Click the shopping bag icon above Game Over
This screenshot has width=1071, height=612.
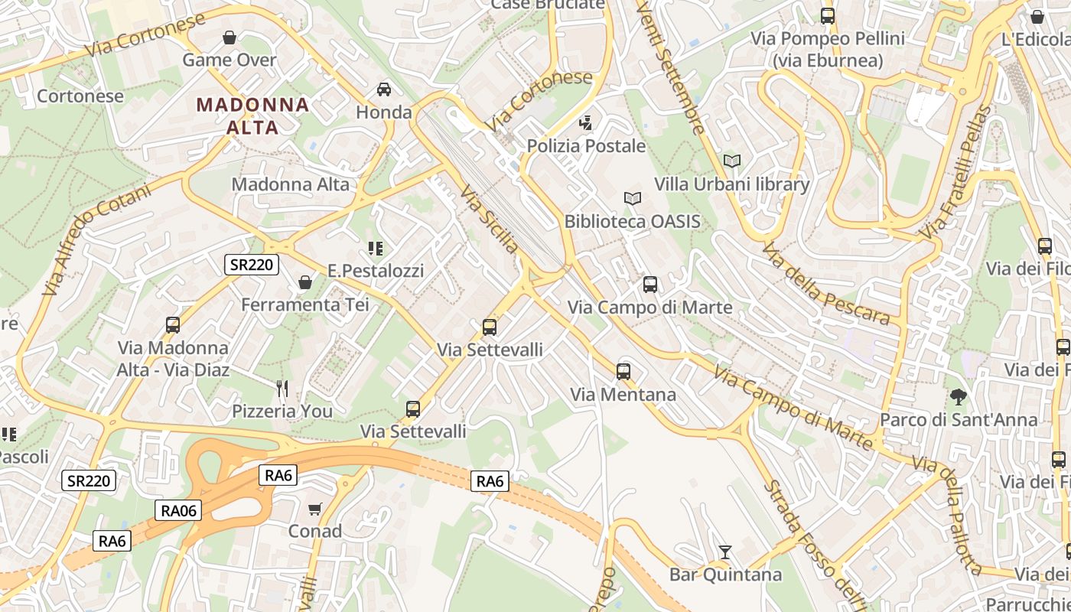[x=229, y=37]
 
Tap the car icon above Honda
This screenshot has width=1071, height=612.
[x=384, y=90]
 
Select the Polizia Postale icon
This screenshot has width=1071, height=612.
[x=586, y=122]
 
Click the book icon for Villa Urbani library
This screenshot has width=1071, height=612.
[x=732, y=161]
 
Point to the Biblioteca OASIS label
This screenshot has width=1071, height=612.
[x=632, y=222]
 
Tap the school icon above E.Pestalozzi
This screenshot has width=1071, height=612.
[x=375, y=248]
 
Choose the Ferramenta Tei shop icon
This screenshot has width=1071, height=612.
[x=304, y=282]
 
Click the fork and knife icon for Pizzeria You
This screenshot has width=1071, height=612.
[x=282, y=389]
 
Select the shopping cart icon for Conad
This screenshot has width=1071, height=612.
[x=314, y=509]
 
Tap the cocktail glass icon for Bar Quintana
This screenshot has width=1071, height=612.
[x=725, y=552]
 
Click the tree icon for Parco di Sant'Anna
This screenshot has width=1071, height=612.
[x=958, y=397]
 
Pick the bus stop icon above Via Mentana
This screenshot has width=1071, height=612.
[x=623, y=372]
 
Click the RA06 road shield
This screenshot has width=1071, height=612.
[x=179, y=510]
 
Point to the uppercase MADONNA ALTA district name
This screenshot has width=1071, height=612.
[x=253, y=116]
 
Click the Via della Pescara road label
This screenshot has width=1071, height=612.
[x=826, y=284]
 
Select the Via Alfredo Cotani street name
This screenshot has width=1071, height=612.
[x=96, y=240]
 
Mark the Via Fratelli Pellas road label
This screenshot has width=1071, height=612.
[x=955, y=172]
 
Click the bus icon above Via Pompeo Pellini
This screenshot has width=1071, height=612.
[x=827, y=15]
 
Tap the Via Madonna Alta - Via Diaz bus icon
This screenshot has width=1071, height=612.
[x=173, y=325]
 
